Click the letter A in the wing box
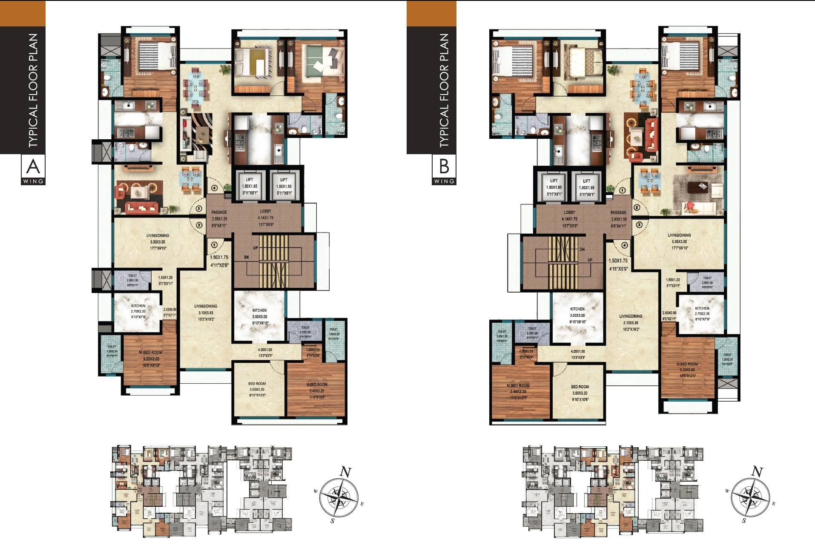33,167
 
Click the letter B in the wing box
444,167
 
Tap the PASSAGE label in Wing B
618,212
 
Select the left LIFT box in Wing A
249,186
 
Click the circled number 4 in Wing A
214,188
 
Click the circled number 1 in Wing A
214,245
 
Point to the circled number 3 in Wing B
639,225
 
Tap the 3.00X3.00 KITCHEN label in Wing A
259,316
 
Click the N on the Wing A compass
345,472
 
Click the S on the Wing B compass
744,520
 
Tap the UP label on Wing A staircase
255,247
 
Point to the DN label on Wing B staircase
582,250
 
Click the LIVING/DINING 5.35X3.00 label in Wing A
158,241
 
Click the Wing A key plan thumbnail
201,491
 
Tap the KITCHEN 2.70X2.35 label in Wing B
702,314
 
